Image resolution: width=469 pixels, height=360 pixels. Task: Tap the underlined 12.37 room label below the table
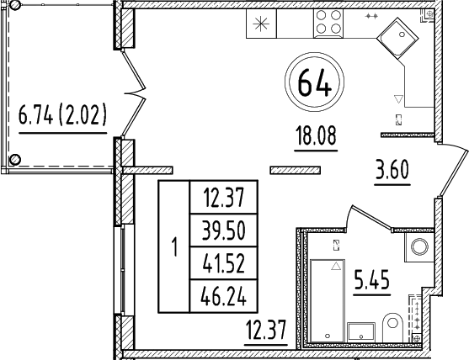click(264, 333)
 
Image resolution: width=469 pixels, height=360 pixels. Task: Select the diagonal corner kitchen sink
click(397, 37)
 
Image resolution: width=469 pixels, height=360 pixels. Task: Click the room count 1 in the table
click(174, 247)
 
